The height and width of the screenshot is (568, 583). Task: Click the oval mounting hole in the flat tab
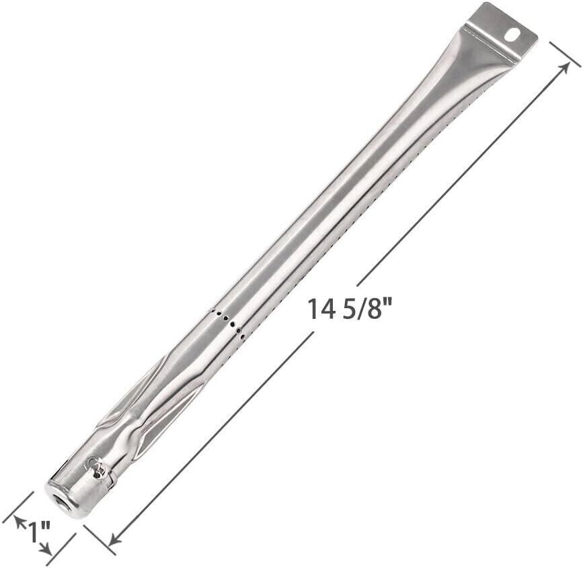(513, 36)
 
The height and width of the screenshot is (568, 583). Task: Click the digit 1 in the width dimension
(33, 532)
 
